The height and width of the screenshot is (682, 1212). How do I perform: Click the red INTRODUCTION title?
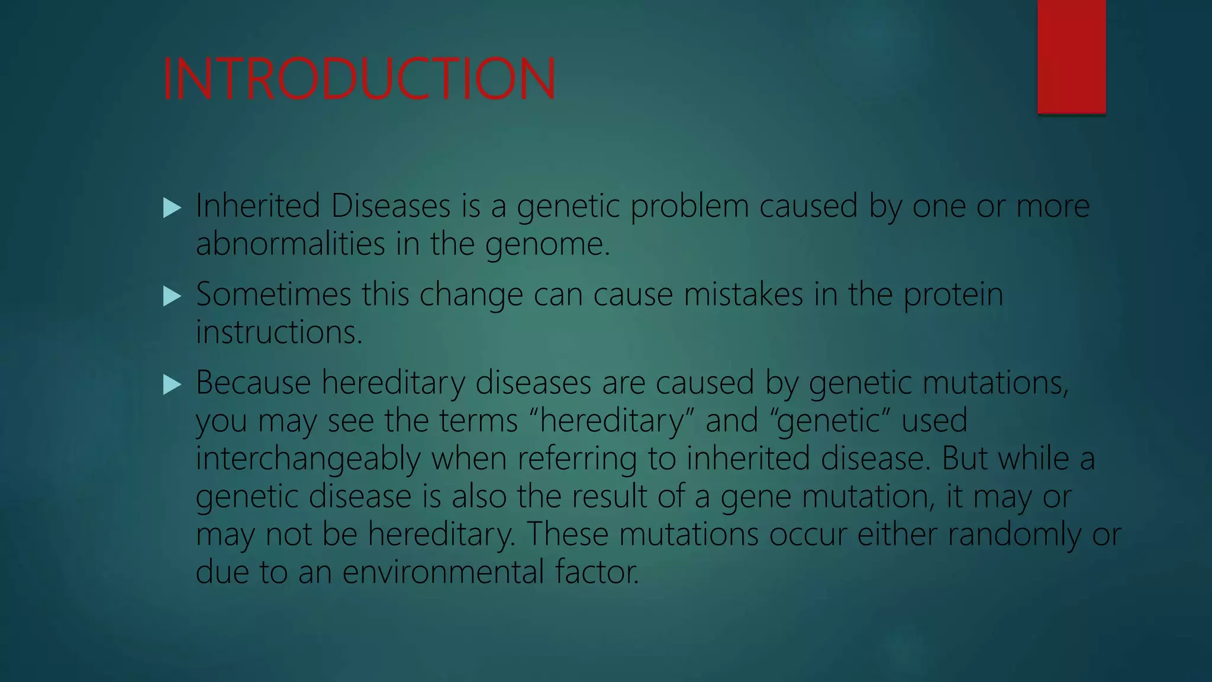[359, 79]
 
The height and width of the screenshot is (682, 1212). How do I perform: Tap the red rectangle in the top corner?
[1071, 56]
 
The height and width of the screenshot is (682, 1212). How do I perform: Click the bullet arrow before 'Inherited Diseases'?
[172, 208]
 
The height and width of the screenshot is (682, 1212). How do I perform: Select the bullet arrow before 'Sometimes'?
[172, 295]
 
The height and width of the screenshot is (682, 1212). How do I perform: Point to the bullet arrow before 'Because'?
[172, 384]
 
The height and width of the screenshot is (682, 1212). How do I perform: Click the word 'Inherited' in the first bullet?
[258, 206]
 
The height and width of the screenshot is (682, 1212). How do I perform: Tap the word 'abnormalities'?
[290, 243]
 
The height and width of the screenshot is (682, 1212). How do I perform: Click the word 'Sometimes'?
[273, 294]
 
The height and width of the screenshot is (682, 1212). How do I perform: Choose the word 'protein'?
[953, 295]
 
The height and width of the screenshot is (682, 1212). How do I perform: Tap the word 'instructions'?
[278, 332]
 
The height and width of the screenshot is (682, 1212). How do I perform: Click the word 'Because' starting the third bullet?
[253, 382]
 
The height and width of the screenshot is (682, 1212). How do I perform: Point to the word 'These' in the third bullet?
[568, 534]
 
